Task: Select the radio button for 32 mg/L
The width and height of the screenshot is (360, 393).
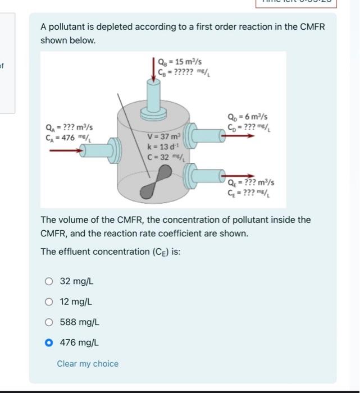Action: [49, 281]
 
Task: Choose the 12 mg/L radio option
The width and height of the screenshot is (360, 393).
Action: [49, 301]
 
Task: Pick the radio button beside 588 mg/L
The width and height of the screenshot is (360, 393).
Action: [49, 322]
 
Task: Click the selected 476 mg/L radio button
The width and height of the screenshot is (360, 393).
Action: [49, 342]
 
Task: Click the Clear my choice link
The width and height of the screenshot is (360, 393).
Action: [88, 364]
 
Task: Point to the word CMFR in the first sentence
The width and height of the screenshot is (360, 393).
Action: [313, 27]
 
